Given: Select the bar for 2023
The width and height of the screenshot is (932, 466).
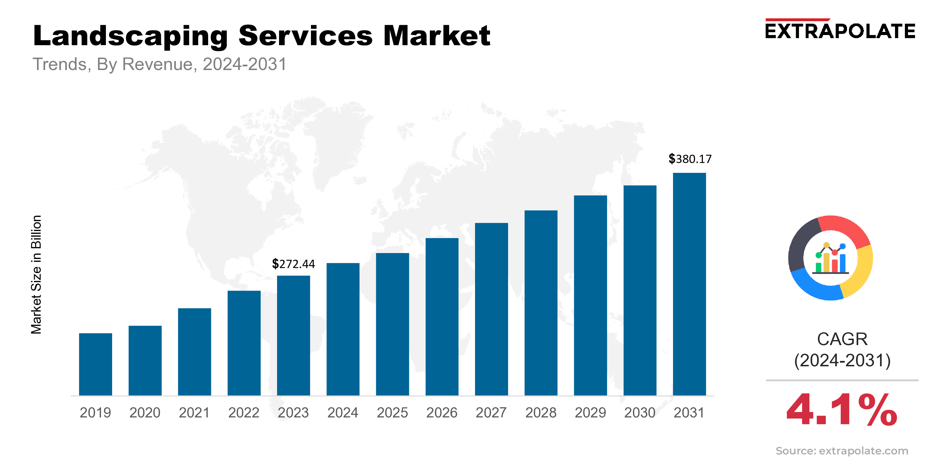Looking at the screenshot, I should [293, 336].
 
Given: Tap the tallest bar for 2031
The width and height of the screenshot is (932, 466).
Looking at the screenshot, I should [689, 284].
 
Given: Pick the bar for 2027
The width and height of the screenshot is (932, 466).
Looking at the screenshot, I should [491, 309].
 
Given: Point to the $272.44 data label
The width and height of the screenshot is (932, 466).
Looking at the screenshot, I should [293, 264].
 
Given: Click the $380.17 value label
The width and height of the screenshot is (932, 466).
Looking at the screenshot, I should [690, 159].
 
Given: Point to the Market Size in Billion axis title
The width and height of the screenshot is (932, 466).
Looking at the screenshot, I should [36, 274].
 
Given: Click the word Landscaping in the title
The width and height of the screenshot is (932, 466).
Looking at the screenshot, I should [130, 36].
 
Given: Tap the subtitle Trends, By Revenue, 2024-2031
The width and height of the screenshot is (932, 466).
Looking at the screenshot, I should [160, 64].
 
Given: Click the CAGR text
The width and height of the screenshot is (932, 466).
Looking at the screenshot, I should [842, 339].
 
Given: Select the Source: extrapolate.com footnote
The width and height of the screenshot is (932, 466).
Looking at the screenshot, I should [842, 451].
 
